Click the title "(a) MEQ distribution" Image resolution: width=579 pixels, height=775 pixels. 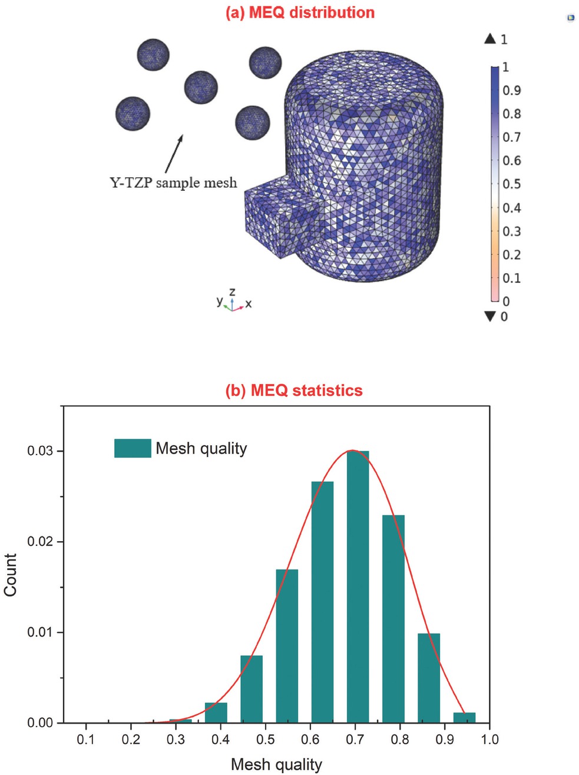pyautogui.click(x=300, y=13)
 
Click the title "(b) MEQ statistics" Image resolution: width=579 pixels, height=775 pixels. pyautogui.click(x=294, y=390)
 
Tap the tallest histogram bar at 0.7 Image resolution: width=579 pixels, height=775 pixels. pyautogui.click(x=358, y=586)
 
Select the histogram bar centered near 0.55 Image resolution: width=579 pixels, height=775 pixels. pyautogui.click(x=287, y=645)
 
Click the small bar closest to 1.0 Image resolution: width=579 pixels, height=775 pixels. pyautogui.click(x=464, y=717)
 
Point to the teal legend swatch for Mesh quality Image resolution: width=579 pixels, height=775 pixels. pyautogui.click(x=133, y=448)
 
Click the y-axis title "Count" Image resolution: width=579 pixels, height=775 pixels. pyautogui.click(x=11, y=575)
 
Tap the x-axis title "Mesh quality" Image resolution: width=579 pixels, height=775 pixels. pyautogui.click(x=276, y=764)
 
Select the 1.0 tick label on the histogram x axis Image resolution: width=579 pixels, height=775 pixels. pyautogui.click(x=489, y=739)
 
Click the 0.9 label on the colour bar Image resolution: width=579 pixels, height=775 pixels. pyautogui.click(x=511, y=90)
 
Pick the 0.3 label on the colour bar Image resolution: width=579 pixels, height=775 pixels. pyautogui.click(x=511, y=231)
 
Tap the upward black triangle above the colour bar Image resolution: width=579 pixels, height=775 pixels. pyautogui.click(x=490, y=39)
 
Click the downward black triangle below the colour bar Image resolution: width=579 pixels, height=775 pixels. pyautogui.click(x=490, y=316)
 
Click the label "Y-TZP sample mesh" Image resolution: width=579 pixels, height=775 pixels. pyautogui.click(x=173, y=183)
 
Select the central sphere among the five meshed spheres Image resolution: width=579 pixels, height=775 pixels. pyautogui.click(x=201, y=87)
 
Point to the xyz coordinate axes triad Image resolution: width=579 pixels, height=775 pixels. pyautogui.click(x=233, y=302)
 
